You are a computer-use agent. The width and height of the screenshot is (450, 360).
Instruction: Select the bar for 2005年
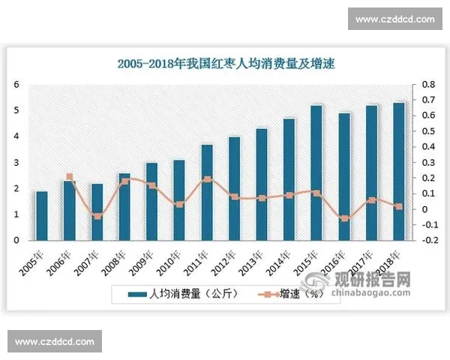click(42, 216)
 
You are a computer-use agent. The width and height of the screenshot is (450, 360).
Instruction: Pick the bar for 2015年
click(316, 173)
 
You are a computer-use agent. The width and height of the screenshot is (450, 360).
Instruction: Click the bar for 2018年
click(398, 172)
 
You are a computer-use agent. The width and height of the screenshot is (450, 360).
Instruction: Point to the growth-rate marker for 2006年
click(70, 177)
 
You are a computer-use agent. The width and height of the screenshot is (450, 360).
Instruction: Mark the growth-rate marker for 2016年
click(343, 218)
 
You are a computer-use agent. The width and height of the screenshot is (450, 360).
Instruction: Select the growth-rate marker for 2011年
click(207, 179)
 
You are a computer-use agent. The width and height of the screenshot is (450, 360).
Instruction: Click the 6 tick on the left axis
click(17, 84)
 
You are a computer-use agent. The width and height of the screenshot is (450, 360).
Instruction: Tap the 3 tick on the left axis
click(17, 162)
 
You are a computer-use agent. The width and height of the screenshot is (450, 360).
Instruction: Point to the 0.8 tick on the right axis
click(427, 84)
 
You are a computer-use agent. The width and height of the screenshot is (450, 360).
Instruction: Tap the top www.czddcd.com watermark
click(394, 19)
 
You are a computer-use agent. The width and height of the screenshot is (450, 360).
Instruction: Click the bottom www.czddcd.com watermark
click(54, 342)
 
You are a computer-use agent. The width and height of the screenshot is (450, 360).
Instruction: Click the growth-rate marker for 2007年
click(97, 216)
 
